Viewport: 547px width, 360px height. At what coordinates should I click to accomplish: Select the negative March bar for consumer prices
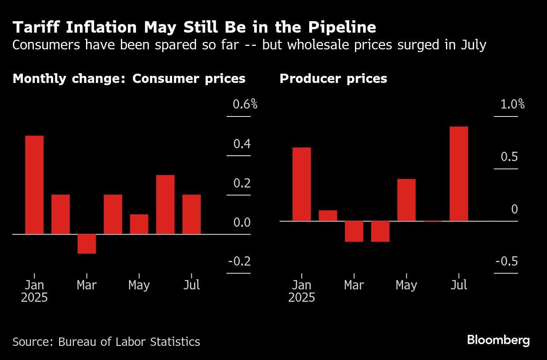tap(87, 244)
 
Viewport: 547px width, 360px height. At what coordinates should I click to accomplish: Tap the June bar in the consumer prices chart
tap(165, 204)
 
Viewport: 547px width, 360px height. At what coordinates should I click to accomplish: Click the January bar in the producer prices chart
tap(302, 184)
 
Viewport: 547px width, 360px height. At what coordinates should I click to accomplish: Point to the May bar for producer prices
tap(406, 199)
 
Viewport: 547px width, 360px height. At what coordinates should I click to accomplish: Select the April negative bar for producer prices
tap(380, 231)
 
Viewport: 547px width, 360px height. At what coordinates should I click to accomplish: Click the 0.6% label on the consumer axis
tap(245, 105)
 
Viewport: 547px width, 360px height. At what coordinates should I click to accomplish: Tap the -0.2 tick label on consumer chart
tap(239, 262)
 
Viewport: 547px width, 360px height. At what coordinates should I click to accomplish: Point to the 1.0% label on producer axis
tap(512, 105)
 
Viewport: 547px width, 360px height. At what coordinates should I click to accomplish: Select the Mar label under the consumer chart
tap(86, 285)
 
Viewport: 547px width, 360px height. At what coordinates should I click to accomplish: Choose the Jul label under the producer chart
tap(459, 285)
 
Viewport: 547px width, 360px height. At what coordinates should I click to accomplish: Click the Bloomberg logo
tap(498, 340)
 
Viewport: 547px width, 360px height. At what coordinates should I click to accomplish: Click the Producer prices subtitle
tap(333, 79)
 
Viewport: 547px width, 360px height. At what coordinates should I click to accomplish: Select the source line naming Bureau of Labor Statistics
tap(106, 341)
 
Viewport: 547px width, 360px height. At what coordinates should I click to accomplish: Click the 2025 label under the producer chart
tap(302, 298)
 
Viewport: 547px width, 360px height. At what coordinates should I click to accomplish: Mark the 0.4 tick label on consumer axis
tap(242, 144)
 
